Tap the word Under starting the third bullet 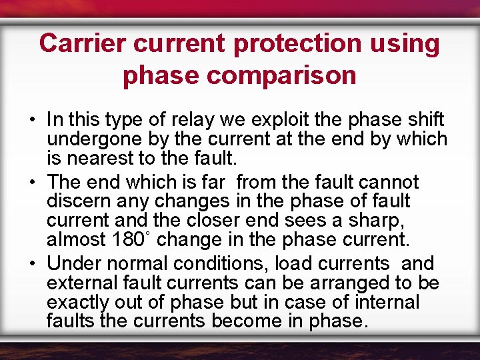tap(75, 263)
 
